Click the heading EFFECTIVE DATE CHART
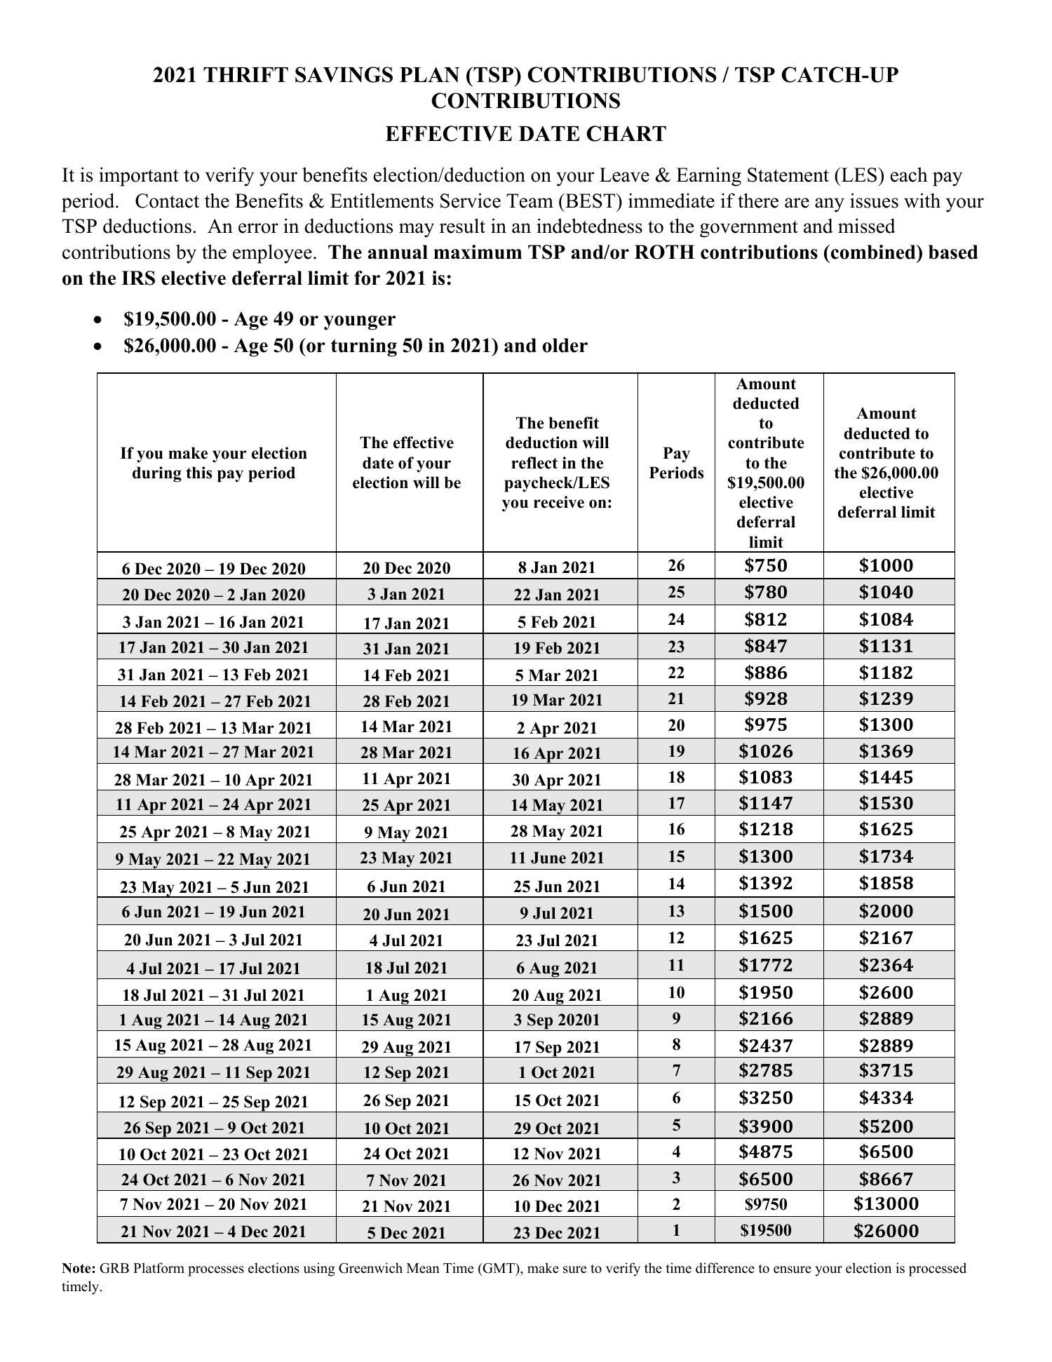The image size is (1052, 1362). coord(525,134)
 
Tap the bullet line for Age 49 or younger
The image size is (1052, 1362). coord(259,319)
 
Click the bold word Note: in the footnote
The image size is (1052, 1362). coord(79,1268)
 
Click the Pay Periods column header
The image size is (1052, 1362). coord(676,463)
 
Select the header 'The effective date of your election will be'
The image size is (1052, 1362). coord(407,463)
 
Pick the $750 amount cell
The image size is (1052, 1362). coord(766,566)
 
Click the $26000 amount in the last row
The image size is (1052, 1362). coord(886,1231)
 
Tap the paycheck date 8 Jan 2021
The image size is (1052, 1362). coord(557,567)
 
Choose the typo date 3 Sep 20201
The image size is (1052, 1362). coord(557,1020)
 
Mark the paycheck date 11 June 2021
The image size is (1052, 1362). coord(557,858)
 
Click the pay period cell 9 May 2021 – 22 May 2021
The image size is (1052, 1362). coord(213,859)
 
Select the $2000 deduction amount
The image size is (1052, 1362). coord(886,911)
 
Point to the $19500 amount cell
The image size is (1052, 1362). coord(766,1231)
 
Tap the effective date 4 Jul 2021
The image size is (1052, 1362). coord(407,940)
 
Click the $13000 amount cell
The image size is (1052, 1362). coord(886,1204)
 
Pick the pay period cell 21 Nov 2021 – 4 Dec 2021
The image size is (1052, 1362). coord(213,1232)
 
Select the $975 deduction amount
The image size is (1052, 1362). coord(766,724)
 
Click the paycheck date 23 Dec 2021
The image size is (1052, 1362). coord(557,1233)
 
